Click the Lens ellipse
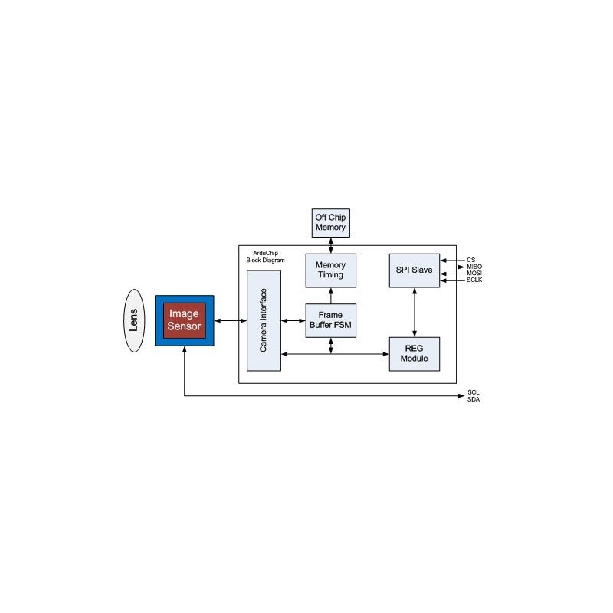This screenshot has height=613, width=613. pos(134,320)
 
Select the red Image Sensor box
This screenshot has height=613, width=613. pos(184,320)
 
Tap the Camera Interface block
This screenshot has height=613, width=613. pos(264,320)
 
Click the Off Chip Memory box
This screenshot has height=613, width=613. pos(331,223)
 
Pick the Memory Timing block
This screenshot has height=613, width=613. pos(331,270)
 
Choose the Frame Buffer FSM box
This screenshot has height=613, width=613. pos(331,320)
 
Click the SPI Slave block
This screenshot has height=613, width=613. pos(415,270)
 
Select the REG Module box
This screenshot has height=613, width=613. pos(415,354)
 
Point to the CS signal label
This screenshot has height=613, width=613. pos(471,260)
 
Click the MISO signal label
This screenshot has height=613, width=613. pos(474,267)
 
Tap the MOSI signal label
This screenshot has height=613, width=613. pos(474,274)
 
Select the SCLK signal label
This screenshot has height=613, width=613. pos(474,280)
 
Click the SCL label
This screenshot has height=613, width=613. pos(474,392)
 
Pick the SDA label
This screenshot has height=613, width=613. pos(474,399)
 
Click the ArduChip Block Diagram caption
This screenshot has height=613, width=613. pos(265,257)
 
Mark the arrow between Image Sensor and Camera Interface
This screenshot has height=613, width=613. pos(231,320)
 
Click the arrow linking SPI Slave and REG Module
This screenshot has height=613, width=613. pos(415,313)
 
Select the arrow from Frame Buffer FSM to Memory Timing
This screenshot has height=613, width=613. pos(331,296)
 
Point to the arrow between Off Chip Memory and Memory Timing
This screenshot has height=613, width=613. pos(331,245)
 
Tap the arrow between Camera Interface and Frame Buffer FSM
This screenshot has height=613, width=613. pos(293,320)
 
